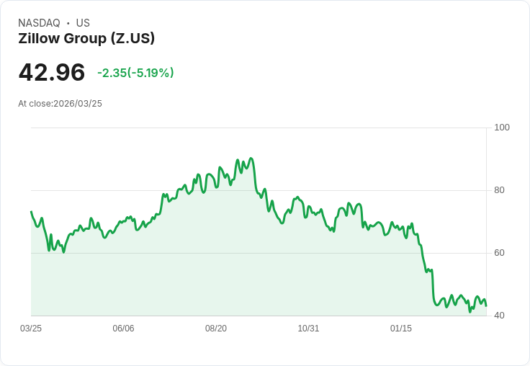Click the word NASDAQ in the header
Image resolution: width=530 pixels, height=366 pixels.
tap(39, 23)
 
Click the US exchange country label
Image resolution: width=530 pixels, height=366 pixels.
tap(83, 23)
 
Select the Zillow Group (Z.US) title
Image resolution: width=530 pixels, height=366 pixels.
tap(86, 38)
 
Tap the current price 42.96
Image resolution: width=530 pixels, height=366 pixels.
tap(52, 72)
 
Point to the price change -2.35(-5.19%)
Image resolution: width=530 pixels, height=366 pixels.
tap(135, 73)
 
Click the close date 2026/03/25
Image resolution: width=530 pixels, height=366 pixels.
tap(78, 104)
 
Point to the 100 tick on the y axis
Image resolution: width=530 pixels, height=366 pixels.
tap(501, 128)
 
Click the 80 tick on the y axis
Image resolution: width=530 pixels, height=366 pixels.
tap(499, 190)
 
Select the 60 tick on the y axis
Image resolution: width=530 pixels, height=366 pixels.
tap(499, 253)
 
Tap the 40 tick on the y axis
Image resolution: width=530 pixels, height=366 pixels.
tap(499, 316)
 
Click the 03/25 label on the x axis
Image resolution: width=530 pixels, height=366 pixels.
tap(31, 329)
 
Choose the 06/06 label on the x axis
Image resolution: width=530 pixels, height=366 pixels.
tap(123, 329)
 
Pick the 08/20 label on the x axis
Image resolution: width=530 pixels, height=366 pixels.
tap(216, 329)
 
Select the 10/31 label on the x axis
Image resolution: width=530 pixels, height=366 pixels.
tap(308, 329)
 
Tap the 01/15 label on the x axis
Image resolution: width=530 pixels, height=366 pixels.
tap(401, 329)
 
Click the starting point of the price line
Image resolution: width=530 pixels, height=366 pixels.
tap(31, 212)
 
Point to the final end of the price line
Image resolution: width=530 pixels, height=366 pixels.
tap(486, 305)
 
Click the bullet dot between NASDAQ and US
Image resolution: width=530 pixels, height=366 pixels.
tap(68, 23)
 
